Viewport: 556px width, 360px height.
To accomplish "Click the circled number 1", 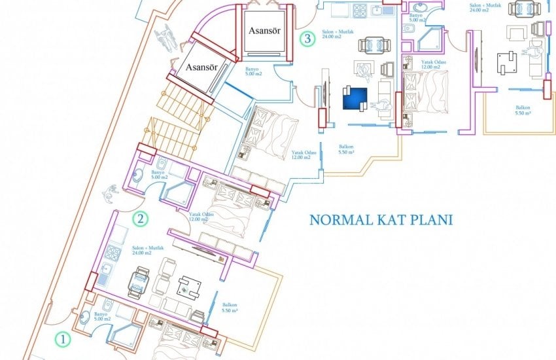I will click(x=61, y=340).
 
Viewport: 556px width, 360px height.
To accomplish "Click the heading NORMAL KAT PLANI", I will click(x=381, y=219).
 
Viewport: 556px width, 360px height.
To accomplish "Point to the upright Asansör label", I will click(x=264, y=30).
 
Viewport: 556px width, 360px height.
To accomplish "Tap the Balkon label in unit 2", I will click(x=230, y=308).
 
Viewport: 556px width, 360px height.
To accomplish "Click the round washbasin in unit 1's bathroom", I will click(x=87, y=318).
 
